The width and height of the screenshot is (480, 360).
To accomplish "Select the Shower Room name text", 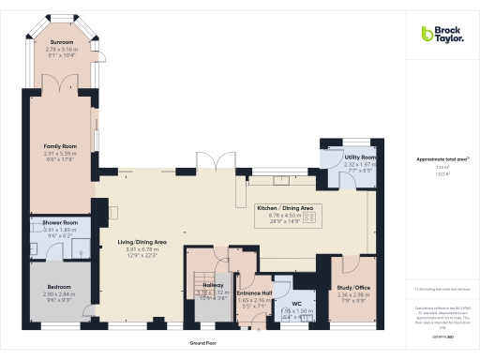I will pos(59,222).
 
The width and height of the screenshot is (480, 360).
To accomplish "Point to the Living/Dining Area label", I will pos(142,243).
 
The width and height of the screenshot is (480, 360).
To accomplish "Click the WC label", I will pos(297,304).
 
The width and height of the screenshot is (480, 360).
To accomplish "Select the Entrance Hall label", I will pos(254,292).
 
